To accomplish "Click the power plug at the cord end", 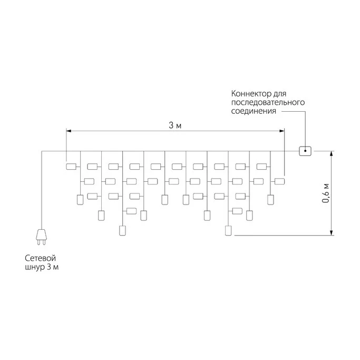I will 41,237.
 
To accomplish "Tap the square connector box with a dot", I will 305,151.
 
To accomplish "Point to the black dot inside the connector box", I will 305,151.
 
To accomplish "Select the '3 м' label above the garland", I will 175,125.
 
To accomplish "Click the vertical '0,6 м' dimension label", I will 326,194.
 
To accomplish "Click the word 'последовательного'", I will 268,102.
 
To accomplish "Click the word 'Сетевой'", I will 40,258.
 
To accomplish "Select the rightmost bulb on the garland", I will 279,182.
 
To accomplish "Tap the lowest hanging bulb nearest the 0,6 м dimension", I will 228,230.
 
